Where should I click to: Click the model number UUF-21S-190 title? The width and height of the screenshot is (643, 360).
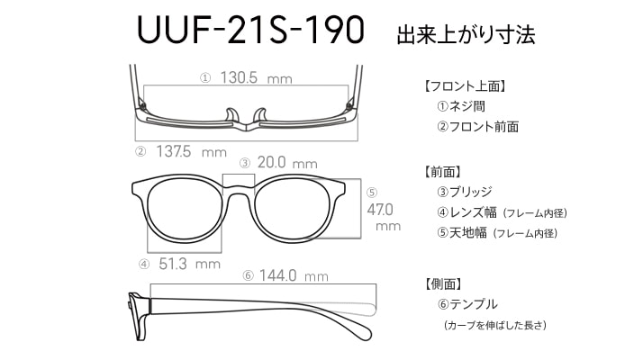[250, 30]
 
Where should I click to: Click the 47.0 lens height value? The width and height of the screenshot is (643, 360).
[380, 210]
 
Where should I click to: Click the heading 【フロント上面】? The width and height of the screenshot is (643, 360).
[465, 86]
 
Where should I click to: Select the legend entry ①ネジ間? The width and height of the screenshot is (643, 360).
[461, 106]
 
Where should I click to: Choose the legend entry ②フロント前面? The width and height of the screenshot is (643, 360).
[477, 126]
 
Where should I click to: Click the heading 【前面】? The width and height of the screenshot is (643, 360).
[442, 172]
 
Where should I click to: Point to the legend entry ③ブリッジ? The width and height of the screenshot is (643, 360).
[464, 192]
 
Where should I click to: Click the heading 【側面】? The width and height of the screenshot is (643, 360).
[442, 283]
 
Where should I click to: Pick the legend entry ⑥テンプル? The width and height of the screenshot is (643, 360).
[467, 304]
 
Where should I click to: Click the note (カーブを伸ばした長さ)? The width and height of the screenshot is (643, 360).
[495, 325]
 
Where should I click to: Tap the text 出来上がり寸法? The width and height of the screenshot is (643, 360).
[466, 34]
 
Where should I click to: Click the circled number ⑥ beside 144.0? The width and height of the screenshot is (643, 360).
[248, 276]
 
